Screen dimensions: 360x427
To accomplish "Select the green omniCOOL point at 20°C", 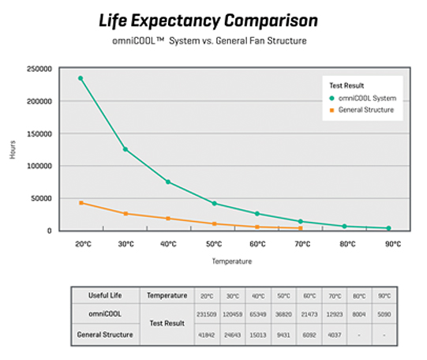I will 81,78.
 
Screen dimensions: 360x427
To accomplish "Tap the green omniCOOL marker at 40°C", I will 168,182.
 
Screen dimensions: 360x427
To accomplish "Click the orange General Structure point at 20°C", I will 81,203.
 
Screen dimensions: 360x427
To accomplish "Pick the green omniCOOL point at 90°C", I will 388,228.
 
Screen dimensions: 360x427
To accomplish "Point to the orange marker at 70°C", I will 300,228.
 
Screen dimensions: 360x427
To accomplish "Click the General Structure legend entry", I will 365,110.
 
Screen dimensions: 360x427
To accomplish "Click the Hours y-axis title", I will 13,150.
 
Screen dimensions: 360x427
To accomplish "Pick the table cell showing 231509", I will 206,314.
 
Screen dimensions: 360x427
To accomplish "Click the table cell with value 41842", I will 206,334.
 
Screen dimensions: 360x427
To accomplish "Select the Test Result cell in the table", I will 164,324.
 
